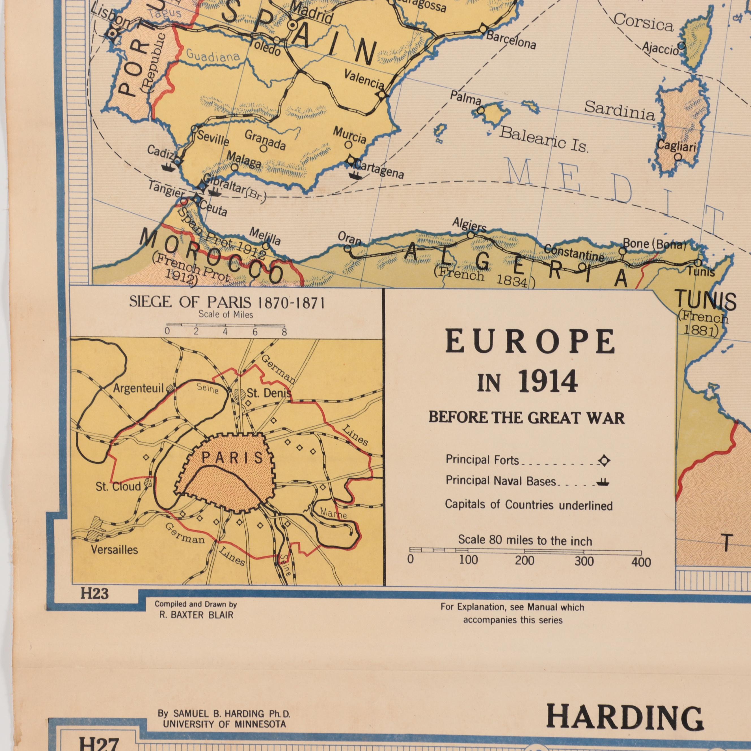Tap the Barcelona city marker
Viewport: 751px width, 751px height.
click(x=483, y=29)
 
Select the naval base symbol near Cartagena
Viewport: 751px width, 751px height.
click(x=355, y=175)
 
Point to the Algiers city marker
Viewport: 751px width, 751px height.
click(x=470, y=235)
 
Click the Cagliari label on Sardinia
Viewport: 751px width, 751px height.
click(x=676, y=146)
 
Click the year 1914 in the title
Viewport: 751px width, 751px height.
click(x=548, y=382)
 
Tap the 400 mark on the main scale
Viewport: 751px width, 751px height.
click(x=641, y=562)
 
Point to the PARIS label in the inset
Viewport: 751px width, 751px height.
click(x=233, y=457)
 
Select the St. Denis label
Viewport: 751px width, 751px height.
click(x=269, y=393)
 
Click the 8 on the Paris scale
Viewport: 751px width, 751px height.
click(x=284, y=332)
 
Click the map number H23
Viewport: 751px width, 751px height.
click(x=94, y=594)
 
